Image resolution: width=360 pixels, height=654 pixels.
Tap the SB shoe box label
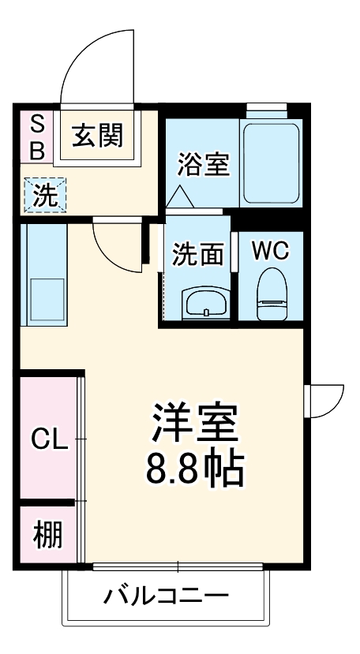point(37,136)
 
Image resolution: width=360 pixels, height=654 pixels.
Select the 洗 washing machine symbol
point(47,195)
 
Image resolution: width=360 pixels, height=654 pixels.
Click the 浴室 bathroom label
point(203,165)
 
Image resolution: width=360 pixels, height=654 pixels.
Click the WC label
point(270,251)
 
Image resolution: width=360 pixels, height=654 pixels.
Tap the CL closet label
point(49,439)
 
